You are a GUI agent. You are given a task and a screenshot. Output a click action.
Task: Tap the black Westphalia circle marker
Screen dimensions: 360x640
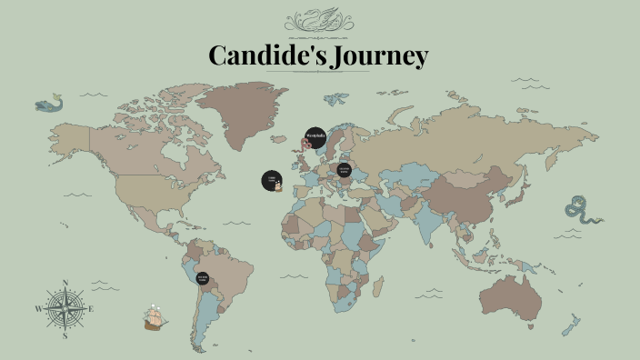pyautogui.click(x=315, y=137)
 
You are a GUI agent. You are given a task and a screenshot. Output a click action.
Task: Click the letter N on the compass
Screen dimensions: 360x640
pyautogui.click(x=66, y=282)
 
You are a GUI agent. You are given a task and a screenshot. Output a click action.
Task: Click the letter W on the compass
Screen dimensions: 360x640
pyautogui.click(x=39, y=309)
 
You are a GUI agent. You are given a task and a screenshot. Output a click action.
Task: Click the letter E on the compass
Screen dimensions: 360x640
pyautogui.click(x=92, y=309)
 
